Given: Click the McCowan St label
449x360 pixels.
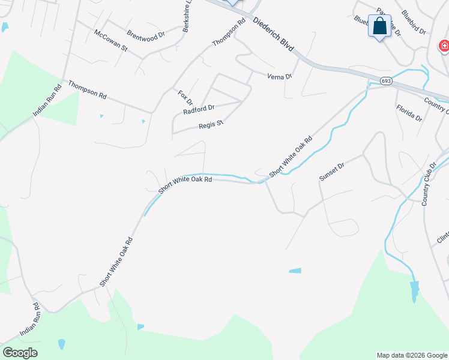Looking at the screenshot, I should [111, 40].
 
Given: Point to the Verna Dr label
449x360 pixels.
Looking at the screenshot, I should [279, 76].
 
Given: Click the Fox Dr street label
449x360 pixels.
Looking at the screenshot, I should [185, 98].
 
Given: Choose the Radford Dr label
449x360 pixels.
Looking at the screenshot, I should [199, 109].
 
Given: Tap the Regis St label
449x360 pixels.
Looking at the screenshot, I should [211, 125].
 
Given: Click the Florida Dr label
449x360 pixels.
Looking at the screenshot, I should [409, 112].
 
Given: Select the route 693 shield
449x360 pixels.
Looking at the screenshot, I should [386, 80].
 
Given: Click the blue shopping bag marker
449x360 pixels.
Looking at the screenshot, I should [379, 26].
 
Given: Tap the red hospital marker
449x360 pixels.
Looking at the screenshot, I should [444, 46].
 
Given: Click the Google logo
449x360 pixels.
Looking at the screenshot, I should [20, 353].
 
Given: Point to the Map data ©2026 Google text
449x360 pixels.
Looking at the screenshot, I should [411, 355].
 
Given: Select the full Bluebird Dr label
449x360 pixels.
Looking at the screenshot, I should [414, 22].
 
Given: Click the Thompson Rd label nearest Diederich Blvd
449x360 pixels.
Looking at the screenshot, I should [229, 32].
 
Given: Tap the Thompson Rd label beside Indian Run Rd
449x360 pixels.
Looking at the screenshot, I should [87, 90].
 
